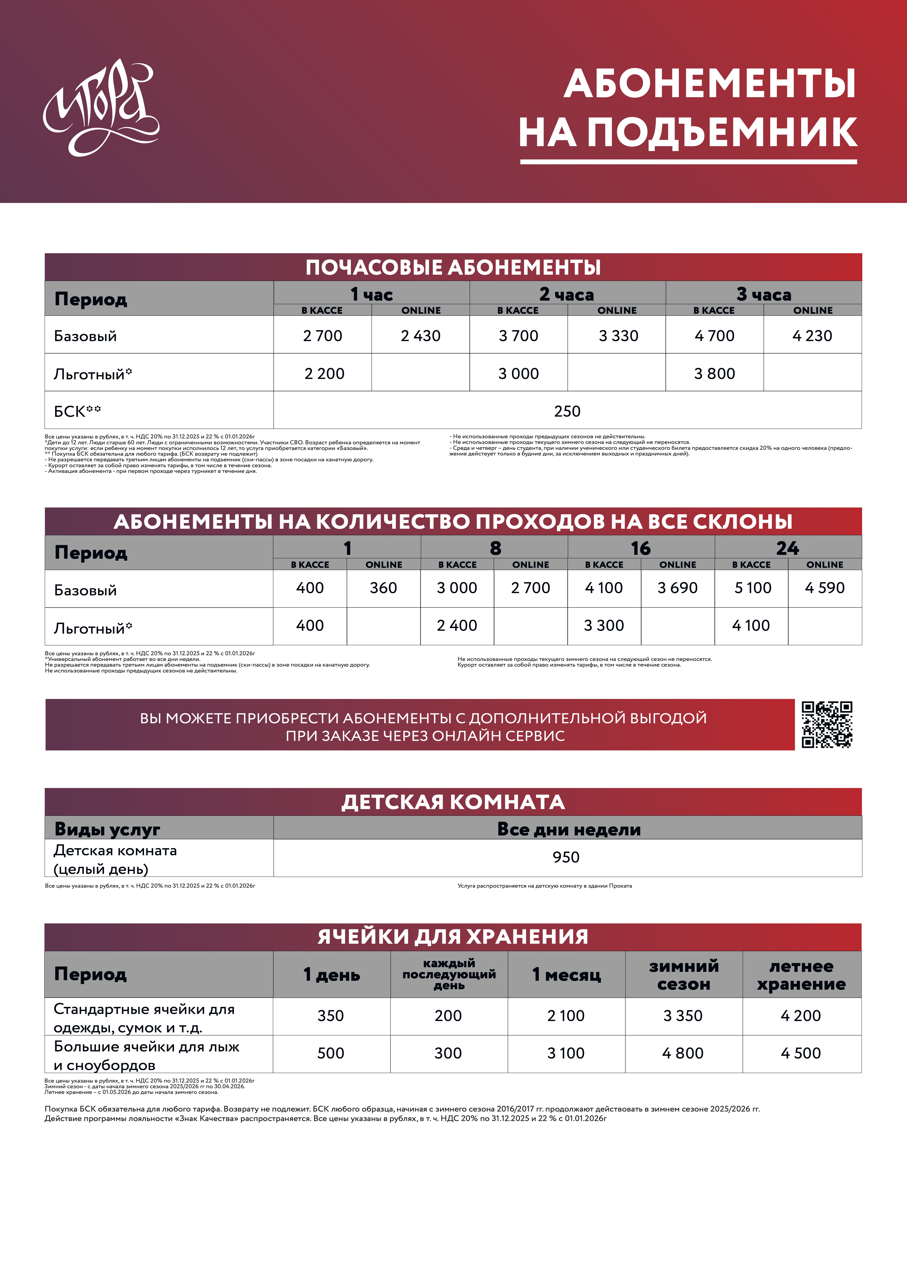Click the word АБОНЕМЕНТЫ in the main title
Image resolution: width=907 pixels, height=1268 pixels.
coord(709,84)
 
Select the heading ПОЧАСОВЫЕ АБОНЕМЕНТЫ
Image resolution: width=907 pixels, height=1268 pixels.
coord(453,268)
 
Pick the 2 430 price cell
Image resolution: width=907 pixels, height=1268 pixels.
coord(421,336)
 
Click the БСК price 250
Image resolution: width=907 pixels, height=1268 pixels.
coord(567,411)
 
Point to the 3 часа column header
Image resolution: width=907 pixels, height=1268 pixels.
coord(764,294)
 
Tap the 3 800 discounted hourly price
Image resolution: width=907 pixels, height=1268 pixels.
coord(714,373)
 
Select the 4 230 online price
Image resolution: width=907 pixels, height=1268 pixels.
coord(812,336)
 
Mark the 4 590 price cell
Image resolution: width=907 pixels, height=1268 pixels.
coord(824,588)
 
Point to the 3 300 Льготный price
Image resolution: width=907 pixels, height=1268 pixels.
coord(604,625)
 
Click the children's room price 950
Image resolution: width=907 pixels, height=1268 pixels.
coord(566,857)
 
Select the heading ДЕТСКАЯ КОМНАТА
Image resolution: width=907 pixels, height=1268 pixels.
coord(453,802)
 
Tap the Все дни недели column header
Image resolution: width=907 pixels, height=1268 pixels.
coord(569,829)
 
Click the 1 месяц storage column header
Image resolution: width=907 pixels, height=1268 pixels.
coord(566,975)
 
